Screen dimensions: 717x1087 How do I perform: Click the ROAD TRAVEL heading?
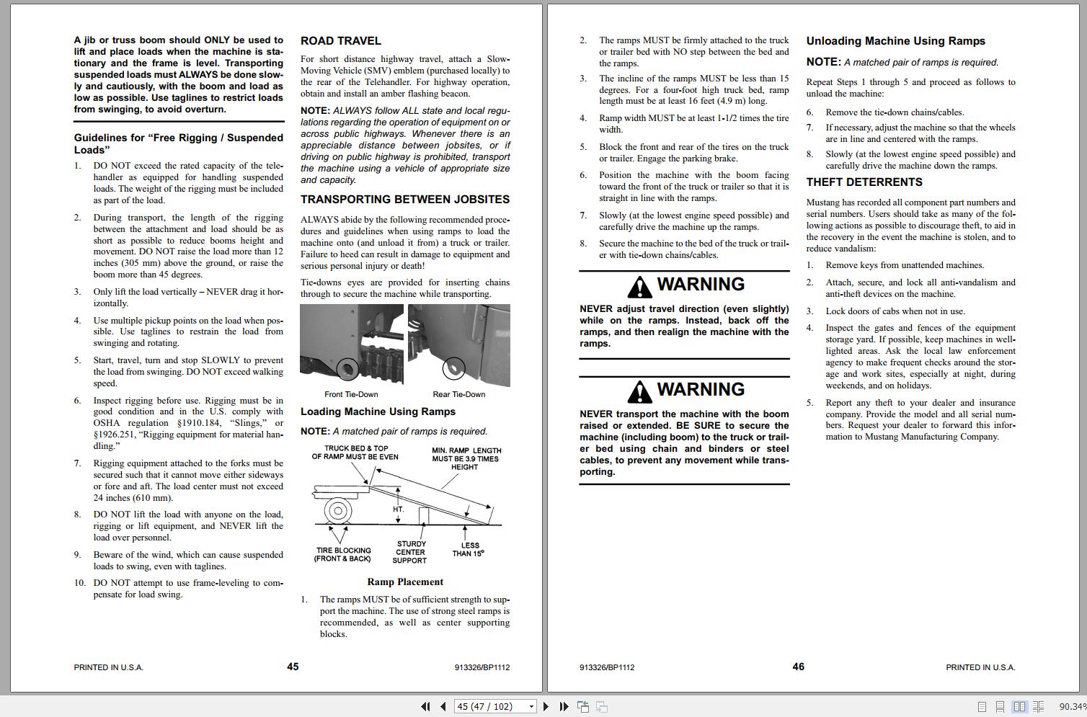pyautogui.click(x=340, y=41)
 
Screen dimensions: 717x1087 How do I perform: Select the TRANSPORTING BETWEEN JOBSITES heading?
pyautogui.click(x=404, y=200)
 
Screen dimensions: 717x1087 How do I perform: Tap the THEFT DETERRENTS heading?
pyautogui.click(x=864, y=182)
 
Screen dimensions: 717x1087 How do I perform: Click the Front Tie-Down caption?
pyautogui.click(x=351, y=394)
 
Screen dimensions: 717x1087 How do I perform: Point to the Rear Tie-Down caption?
pyautogui.click(x=458, y=394)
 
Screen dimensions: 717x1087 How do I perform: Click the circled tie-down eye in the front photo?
pyautogui.click(x=347, y=370)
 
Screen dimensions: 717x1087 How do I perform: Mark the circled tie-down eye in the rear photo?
pyautogui.click(x=453, y=370)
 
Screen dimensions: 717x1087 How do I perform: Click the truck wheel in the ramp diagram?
pyautogui.click(x=337, y=511)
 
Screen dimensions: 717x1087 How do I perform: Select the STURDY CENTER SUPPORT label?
pyautogui.click(x=411, y=552)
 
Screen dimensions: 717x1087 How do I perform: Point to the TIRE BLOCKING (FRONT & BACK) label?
pyautogui.click(x=343, y=554)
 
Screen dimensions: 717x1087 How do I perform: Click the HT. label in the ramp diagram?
pyautogui.click(x=399, y=509)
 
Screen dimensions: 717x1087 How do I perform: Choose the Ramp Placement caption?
pyautogui.click(x=405, y=582)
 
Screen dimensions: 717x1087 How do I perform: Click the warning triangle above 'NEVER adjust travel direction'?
pyautogui.click(x=639, y=288)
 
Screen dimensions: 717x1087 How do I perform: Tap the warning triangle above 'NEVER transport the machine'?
pyautogui.click(x=639, y=392)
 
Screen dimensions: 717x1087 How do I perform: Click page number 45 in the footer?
pyautogui.click(x=293, y=667)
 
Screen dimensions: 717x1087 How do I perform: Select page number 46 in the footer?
pyautogui.click(x=798, y=667)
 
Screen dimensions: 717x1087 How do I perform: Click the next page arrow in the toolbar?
pyautogui.click(x=546, y=707)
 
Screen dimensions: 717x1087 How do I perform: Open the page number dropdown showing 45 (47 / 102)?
pyautogui.click(x=531, y=707)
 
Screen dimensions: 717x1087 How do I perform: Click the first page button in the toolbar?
pyautogui.click(x=425, y=707)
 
